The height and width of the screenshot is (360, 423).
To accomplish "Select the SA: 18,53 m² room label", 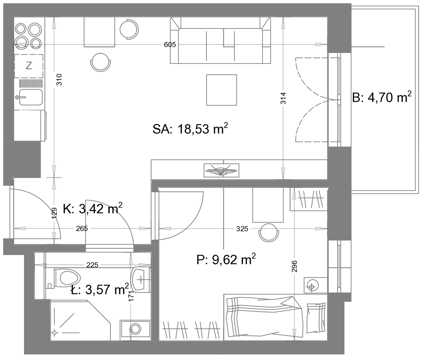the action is pyautogui.click(x=190, y=129).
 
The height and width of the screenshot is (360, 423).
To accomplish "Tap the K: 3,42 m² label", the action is pyautogui.click(x=92, y=208).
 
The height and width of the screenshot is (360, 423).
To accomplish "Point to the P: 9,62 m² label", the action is pyautogui.click(x=226, y=260).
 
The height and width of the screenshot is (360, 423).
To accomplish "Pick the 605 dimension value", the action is pyautogui.click(x=170, y=44).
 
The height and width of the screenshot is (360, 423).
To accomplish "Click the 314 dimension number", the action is pyautogui.click(x=283, y=98).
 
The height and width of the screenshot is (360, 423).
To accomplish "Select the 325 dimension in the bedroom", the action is pyautogui.click(x=242, y=229).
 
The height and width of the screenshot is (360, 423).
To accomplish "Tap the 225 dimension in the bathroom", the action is pyautogui.click(x=92, y=265).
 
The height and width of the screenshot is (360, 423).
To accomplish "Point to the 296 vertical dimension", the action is pyautogui.click(x=294, y=266).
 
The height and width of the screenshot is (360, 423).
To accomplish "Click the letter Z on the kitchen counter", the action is pyautogui.click(x=29, y=66).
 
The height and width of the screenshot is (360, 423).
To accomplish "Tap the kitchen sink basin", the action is pyautogui.click(x=31, y=97).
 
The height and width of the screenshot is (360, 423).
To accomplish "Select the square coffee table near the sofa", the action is pyautogui.click(x=221, y=90).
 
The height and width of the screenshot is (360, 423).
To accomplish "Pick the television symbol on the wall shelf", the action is pyautogui.click(x=221, y=170).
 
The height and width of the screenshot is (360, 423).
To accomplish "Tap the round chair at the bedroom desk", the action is pyautogui.click(x=269, y=233).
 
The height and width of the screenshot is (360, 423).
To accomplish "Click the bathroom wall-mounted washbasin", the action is pyautogui.click(x=141, y=279).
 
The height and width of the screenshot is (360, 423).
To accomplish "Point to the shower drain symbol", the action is pyautogui.click(x=54, y=333).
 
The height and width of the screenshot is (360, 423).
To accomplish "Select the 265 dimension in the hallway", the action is pyautogui.click(x=82, y=229).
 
